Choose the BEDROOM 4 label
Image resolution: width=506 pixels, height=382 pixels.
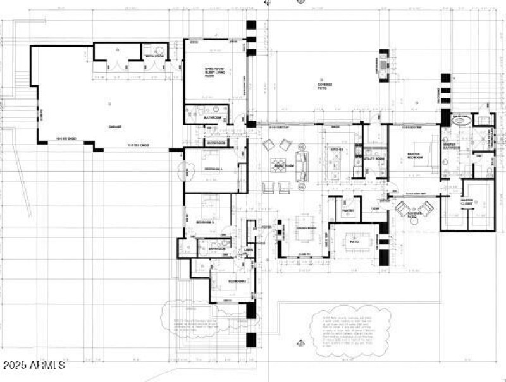214,170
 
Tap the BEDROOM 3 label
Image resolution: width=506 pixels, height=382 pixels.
205,222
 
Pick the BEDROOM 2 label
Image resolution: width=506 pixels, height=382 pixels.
237,280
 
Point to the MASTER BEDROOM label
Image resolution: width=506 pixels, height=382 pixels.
414,156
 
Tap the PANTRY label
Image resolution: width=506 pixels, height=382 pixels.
347,211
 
